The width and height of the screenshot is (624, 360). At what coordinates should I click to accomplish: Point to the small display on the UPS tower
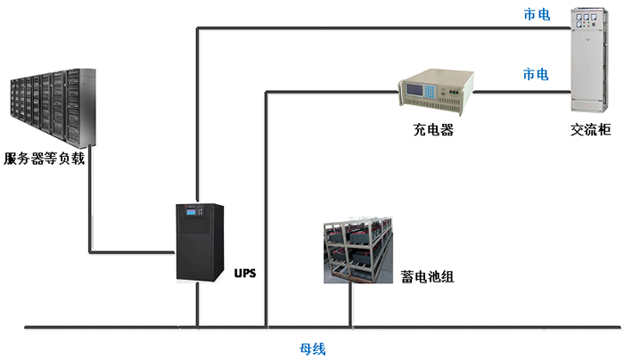click(x=187, y=217)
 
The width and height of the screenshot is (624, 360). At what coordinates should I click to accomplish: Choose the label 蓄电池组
click(x=428, y=277)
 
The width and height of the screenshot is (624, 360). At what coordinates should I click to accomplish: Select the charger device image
click(x=434, y=91)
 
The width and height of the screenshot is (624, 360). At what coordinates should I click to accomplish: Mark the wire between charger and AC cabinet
click(x=521, y=91)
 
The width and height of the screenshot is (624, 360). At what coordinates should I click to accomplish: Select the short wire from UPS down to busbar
click(x=198, y=307)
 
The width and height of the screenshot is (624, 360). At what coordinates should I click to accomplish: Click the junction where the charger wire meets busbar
click(x=266, y=327)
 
